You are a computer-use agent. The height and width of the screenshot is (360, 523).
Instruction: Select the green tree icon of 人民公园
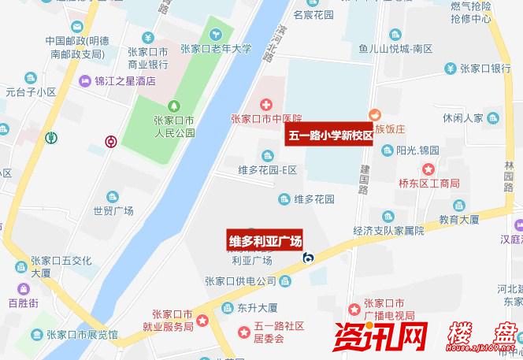173,106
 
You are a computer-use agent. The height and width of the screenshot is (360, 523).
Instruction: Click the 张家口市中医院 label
266,120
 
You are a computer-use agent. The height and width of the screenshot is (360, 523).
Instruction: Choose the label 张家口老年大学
216,49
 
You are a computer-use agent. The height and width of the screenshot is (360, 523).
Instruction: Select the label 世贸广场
113,210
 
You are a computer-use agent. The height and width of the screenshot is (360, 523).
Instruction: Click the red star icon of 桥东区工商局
428,169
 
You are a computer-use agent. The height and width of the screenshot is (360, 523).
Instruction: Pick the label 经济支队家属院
389,231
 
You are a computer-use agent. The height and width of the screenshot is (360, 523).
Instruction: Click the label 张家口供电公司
240,281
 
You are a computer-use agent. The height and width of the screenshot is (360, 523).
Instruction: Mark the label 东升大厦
255,308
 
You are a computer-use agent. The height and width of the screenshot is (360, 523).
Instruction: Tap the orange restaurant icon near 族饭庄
374,114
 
